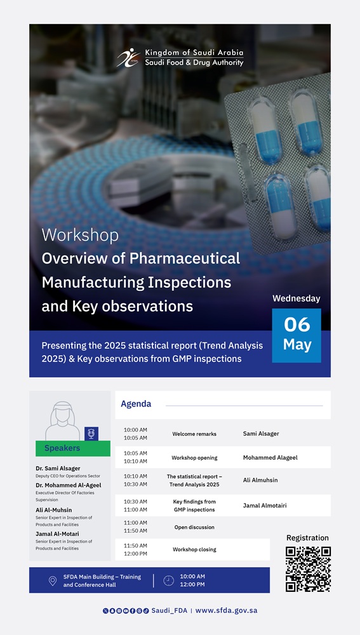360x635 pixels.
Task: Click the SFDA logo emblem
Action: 129,58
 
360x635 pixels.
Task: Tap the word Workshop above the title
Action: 80,235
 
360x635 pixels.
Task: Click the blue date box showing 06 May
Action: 297,335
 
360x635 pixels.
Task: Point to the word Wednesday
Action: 297,298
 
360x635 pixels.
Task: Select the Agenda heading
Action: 136,404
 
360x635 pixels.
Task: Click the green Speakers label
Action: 73,448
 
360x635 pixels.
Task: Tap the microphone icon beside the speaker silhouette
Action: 91,434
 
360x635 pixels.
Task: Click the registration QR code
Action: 308,569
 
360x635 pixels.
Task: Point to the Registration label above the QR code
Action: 307,538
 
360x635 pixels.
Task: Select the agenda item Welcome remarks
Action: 194,434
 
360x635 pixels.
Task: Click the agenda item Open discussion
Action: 194,527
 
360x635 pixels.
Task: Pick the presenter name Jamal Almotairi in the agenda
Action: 265,505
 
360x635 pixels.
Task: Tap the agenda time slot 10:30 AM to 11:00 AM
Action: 135,505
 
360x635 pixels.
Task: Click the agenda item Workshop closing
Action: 194,549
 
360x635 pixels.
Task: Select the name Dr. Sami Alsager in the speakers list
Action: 58,469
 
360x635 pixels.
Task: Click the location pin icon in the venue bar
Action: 53,581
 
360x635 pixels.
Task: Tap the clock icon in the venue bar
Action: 168,581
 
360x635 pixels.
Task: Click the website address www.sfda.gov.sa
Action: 227,611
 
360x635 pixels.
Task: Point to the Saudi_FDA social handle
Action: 170,611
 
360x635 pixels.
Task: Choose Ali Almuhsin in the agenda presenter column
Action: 260,480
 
